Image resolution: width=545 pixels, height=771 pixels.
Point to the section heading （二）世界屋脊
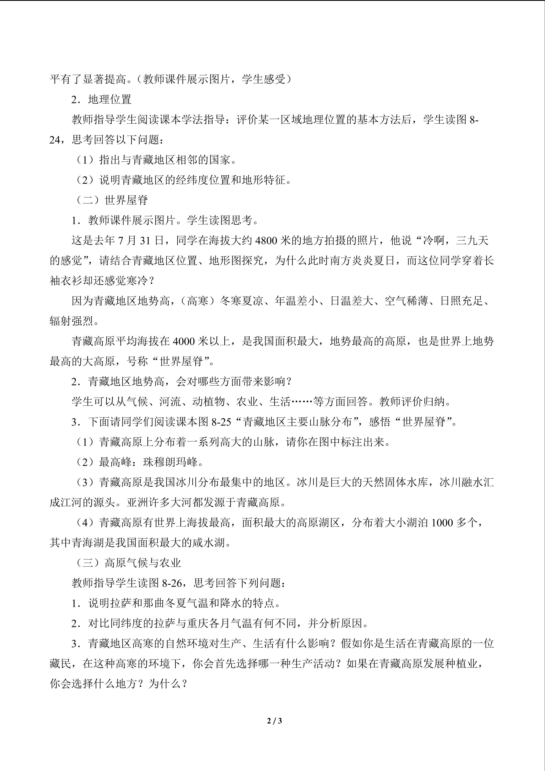111,200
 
